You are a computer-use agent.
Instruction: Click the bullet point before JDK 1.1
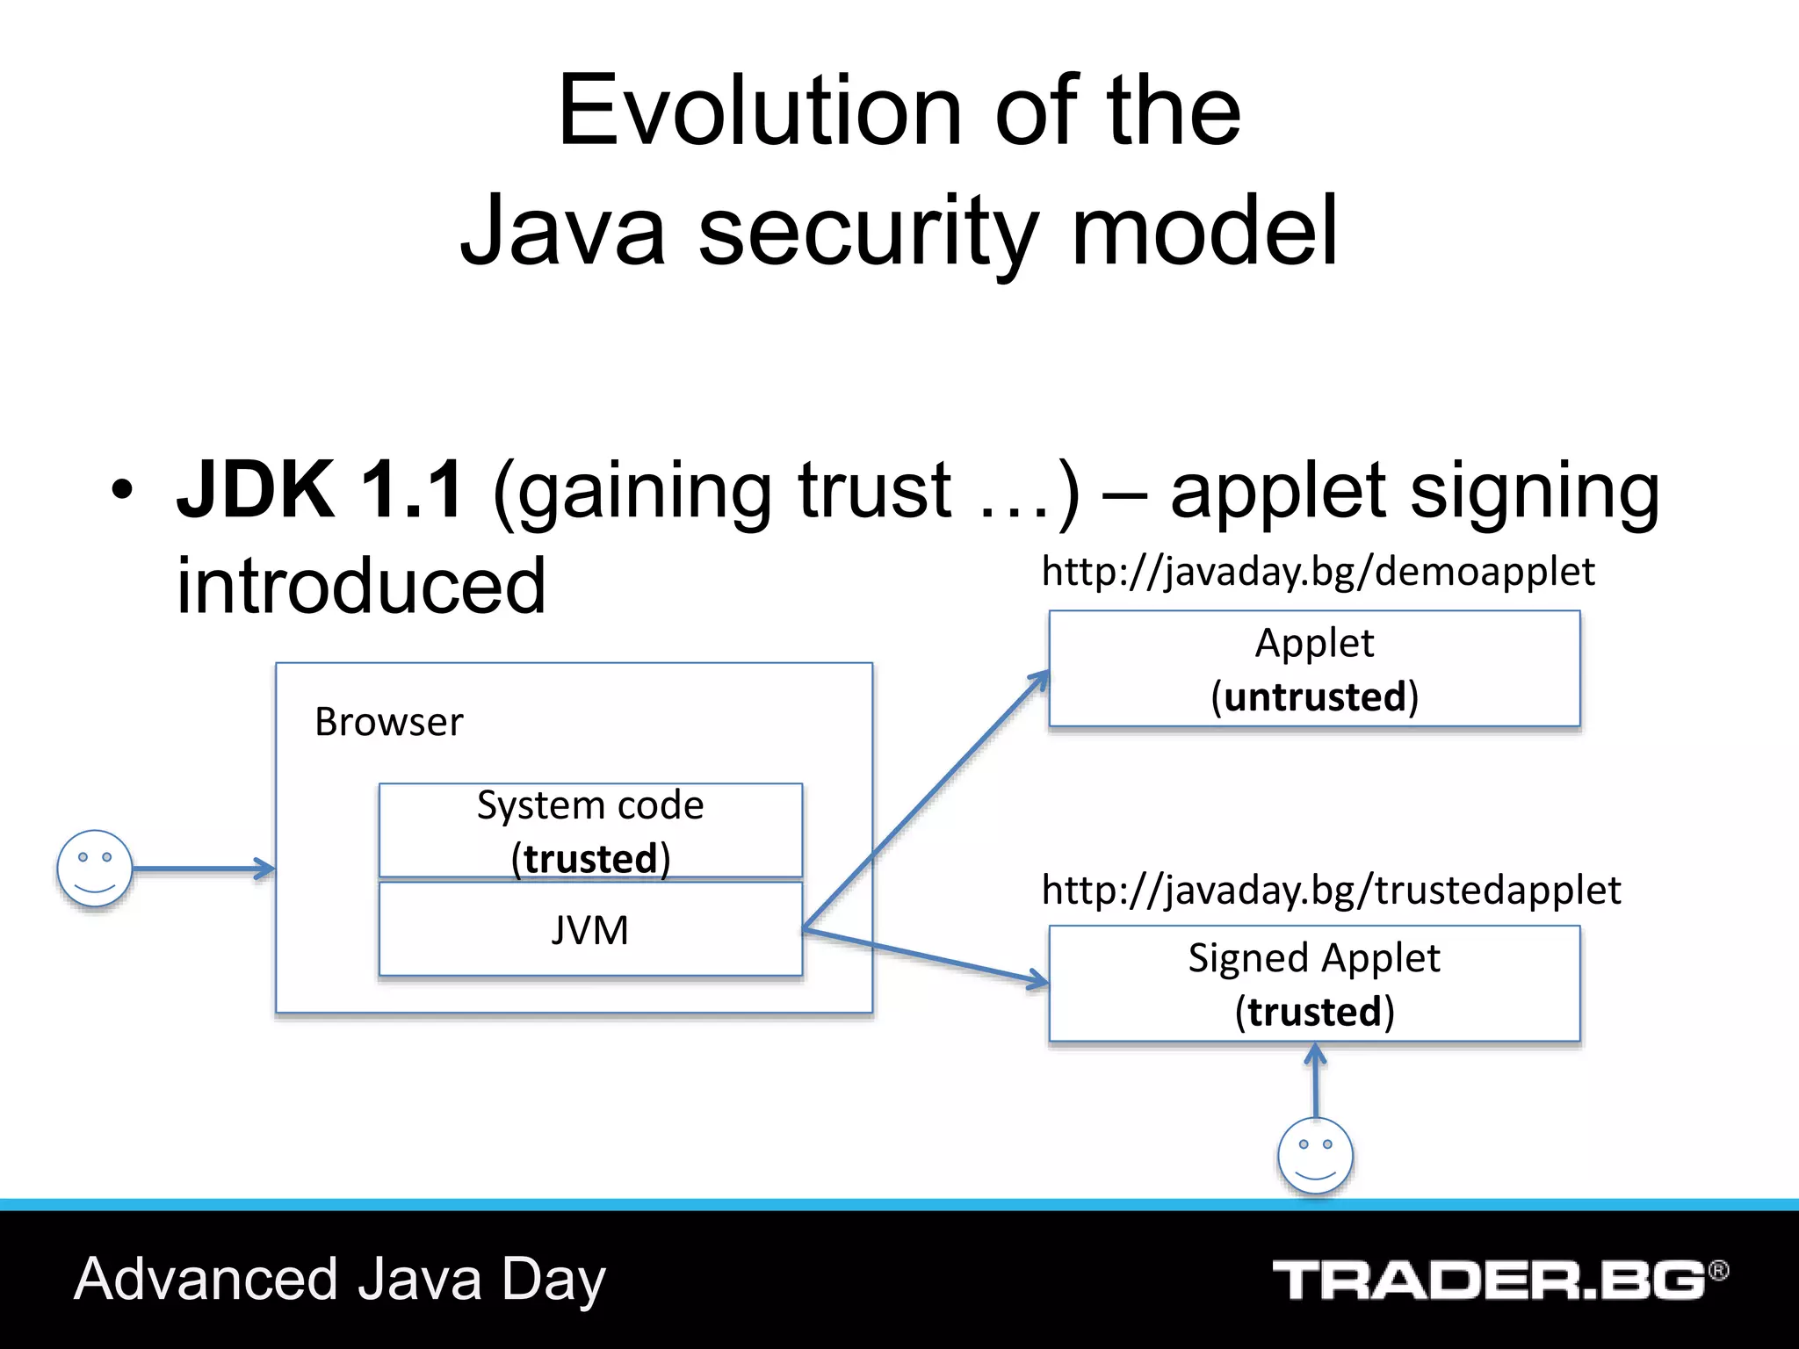[x=122, y=490]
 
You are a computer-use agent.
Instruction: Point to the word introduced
[x=361, y=586]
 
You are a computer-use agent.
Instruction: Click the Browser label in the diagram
[x=388, y=723]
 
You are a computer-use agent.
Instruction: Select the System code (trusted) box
[x=590, y=830]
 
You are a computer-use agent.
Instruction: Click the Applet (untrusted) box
[x=1314, y=669]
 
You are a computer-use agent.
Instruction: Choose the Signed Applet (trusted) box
[x=1314, y=984]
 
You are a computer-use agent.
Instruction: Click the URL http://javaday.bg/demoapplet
[x=1318, y=573]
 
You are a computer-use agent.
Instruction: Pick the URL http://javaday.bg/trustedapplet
[x=1331, y=891]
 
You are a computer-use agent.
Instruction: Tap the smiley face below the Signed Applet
[x=1315, y=1156]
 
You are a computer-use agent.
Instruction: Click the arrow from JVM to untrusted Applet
[x=927, y=799]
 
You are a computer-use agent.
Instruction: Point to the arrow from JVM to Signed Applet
[x=927, y=957]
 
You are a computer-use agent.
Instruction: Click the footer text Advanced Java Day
[x=340, y=1280]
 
